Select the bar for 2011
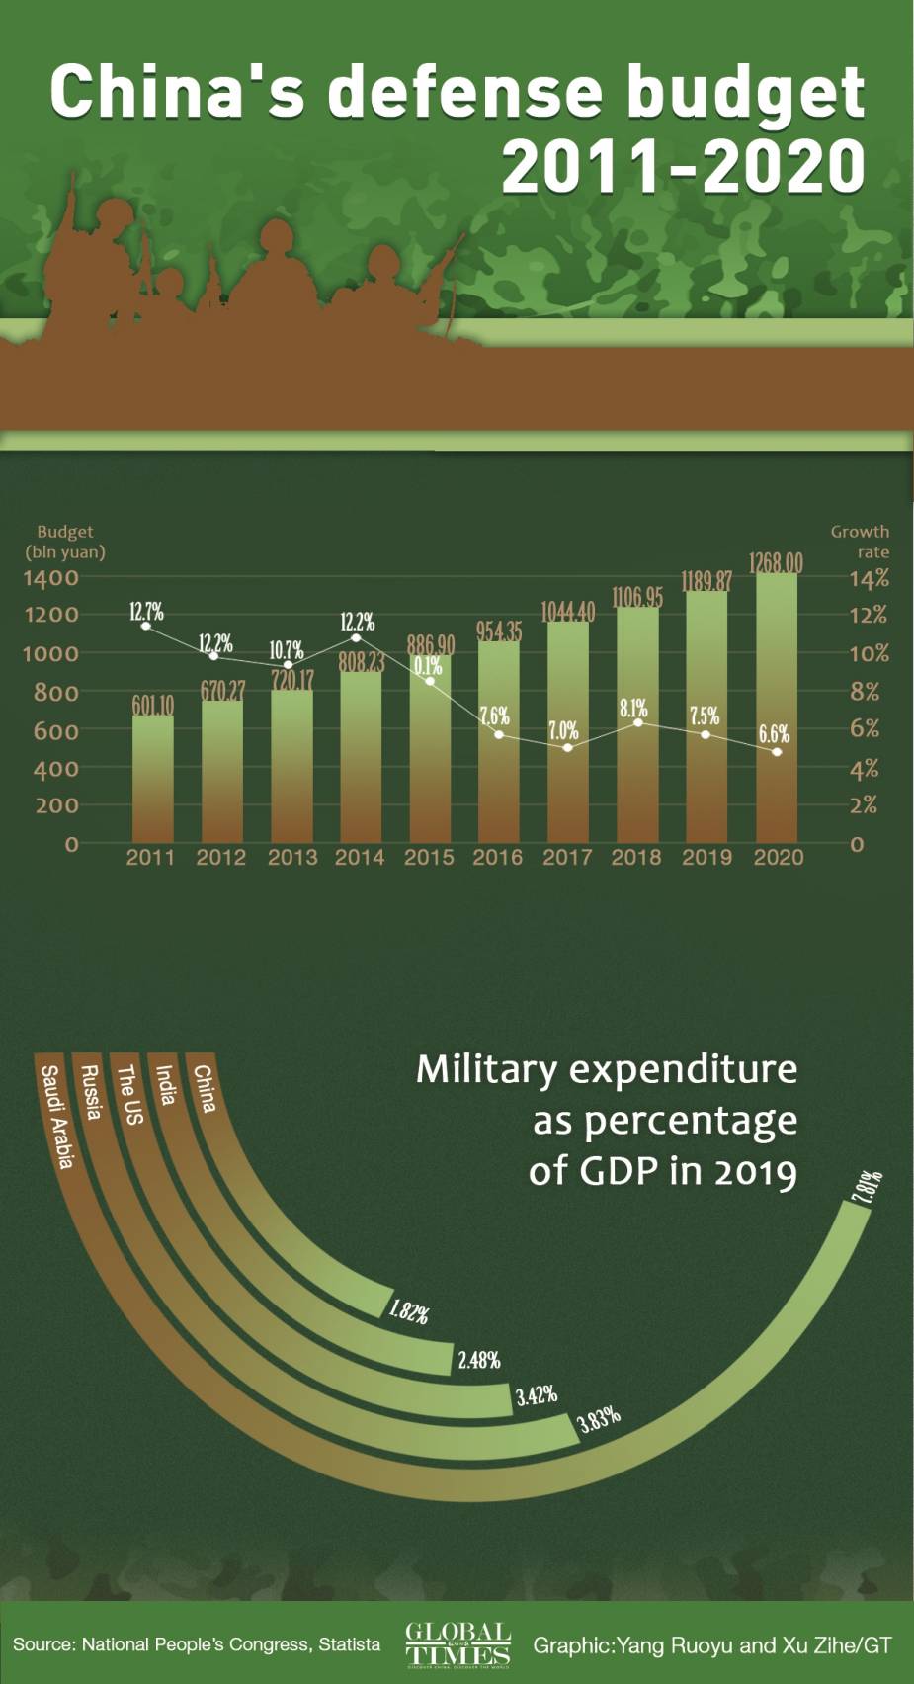coord(153,778)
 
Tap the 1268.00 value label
coord(776,563)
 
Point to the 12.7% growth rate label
coord(146,612)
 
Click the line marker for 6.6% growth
coord(777,752)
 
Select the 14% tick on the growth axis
coord(870,578)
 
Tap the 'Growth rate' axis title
coord(860,542)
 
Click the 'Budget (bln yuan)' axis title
coord(65,542)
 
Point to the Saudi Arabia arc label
coord(57,1117)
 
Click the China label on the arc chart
coord(205,1088)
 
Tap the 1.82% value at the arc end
coord(408,1312)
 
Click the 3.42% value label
coord(537,1395)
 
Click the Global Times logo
coord(457,1644)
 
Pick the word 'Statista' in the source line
coord(349,1644)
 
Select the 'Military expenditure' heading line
coord(606,1069)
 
